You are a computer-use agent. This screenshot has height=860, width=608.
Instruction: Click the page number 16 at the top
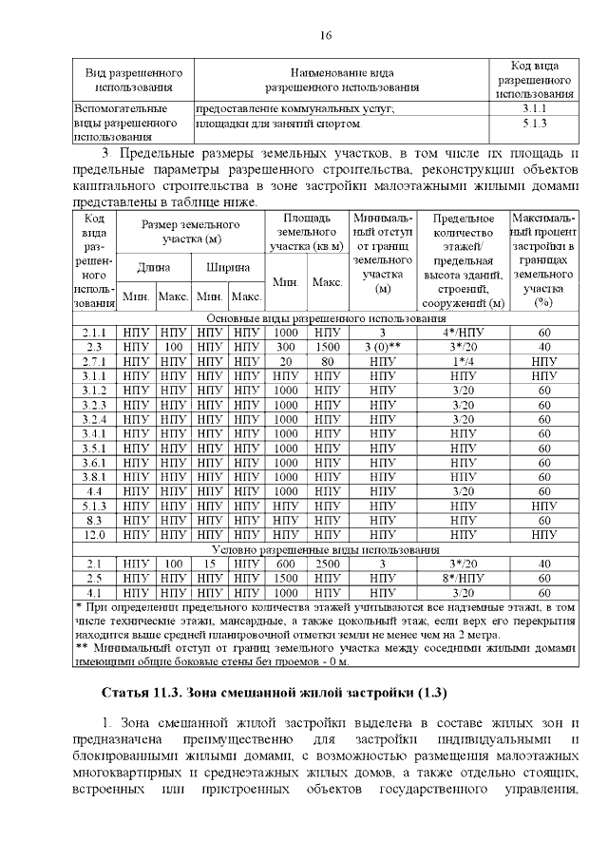pos(324,35)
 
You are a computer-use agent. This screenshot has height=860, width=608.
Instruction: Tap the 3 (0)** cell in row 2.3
pos(382,348)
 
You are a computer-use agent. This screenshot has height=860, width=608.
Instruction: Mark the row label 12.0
pos(93,535)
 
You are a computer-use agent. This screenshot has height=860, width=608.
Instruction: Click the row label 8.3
pos(93,521)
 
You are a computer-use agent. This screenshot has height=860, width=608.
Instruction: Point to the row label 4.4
pos(93,491)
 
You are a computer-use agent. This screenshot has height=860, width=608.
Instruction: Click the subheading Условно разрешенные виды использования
pos(325,549)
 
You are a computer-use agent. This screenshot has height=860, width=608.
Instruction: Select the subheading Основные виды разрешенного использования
pos(325,318)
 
